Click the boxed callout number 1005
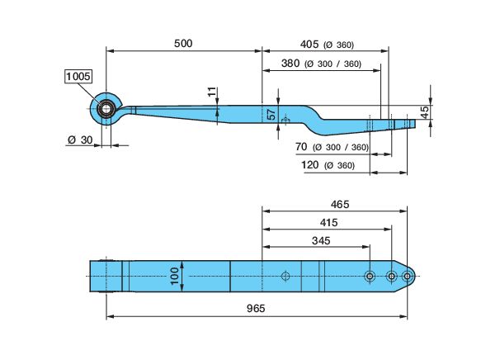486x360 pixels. coord(78,76)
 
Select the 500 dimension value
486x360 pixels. coord(183,44)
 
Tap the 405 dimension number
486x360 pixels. coord(309,45)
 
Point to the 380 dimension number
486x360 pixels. coord(290,64)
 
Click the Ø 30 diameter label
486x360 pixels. coord(80,140)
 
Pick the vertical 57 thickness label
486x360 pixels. coord(271,114)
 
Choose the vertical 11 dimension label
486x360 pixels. coord(212,92)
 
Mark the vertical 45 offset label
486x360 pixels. coord(425,112)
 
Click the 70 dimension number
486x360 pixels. coord(301,146)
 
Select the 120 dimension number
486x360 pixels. coord(310,164)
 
